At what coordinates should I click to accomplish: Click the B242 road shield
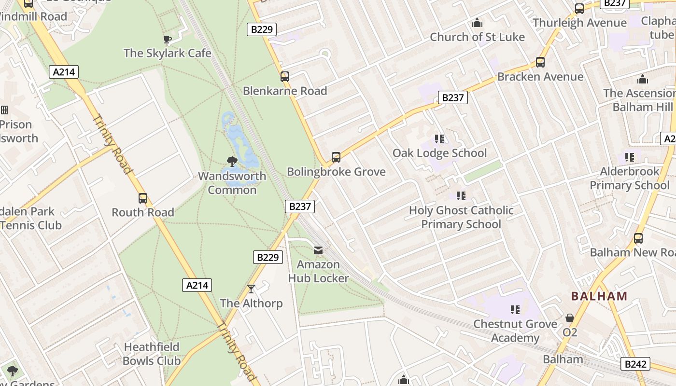[635, 364]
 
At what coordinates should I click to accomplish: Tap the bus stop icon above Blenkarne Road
[285, 76]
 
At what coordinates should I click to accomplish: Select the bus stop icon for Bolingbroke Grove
[336, 157]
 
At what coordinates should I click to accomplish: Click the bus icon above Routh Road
[142, 198]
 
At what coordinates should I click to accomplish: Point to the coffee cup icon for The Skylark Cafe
[167, 39]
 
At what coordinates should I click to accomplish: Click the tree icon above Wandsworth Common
[232, 162]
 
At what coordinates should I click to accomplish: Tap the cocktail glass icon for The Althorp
[251, 289]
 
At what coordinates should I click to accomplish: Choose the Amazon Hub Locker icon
[318, 250]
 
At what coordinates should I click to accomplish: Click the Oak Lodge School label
[439, 153]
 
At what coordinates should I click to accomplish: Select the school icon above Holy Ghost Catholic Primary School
[461, 195]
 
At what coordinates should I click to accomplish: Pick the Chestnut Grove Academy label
[515, 331]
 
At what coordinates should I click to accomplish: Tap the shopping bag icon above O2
[570, 318]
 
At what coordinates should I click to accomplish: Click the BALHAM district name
[599, 296]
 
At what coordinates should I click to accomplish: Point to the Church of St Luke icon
[477, 23]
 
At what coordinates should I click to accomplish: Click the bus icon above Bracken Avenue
[540, 62]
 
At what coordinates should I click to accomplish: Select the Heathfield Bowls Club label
[152, 354]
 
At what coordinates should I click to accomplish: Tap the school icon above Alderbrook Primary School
[629, 157]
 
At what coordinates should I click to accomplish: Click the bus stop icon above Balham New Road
[638, 238]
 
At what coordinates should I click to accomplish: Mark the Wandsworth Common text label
[232, 183]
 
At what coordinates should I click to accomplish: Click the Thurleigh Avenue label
[579, 23]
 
